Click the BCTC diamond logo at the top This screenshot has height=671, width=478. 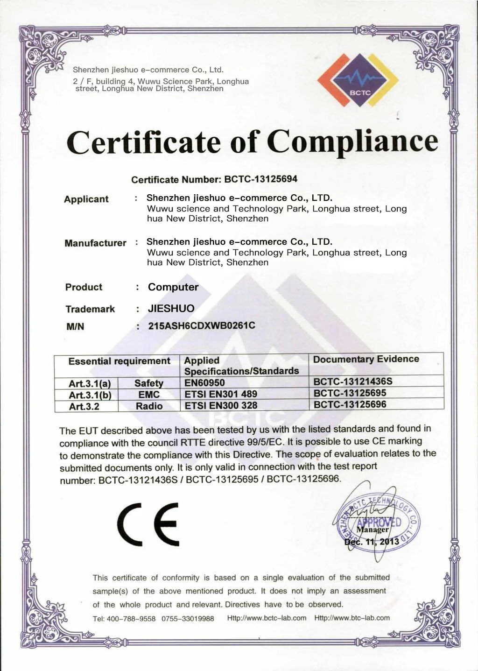[358, 80]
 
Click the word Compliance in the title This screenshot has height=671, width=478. [352, 141]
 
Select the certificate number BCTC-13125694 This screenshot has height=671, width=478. [260, 179]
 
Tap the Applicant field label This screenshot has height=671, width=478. [86, 199]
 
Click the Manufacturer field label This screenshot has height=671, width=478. [95, 243]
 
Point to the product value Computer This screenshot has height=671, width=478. [173, 287]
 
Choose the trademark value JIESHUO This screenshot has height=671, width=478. [171, 308]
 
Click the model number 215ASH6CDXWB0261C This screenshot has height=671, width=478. [202, 325]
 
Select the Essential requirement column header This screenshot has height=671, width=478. [119, 361]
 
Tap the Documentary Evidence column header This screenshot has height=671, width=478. [366, 359]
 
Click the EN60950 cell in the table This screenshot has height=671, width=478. [204, 382]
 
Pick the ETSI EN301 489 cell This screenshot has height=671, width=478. [221, 394]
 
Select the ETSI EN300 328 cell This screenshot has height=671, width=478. [221, 405]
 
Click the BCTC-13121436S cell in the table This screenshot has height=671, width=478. [353, 381]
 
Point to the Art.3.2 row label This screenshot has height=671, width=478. [84, 406]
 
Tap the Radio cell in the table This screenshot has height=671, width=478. [149, 406]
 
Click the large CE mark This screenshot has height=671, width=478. [148, 524]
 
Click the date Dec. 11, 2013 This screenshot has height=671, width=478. [372, 542]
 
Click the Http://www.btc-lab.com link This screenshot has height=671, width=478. [352, 618]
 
